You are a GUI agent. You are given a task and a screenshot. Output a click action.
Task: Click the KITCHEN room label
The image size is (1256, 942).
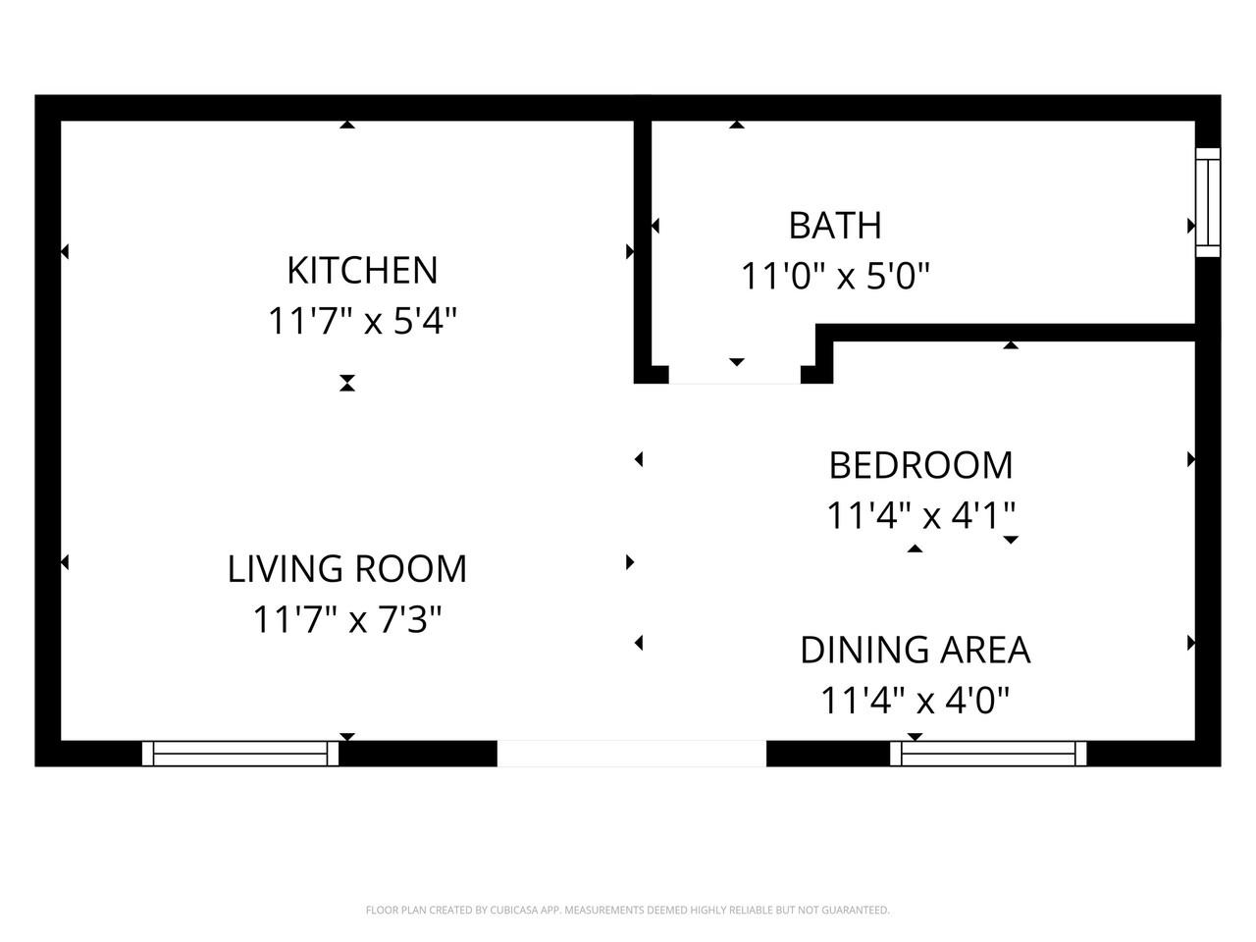click(x=361, y=270)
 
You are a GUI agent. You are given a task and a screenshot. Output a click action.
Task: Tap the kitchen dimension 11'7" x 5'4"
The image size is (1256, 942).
click(x=362, y=321)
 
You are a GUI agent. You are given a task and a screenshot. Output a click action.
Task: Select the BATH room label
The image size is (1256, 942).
click(x=835, y=226)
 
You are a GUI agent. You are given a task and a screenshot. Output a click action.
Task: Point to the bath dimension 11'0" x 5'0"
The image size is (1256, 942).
click(x=834, y=277)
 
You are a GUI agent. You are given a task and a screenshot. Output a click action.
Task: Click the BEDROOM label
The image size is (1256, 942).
click(x=920, y=465)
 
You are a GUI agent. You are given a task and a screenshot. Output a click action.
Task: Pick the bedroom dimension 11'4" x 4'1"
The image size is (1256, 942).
click(x=920, y=515)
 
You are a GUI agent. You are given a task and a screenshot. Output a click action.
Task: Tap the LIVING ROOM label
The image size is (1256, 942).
click(x=347, y=569)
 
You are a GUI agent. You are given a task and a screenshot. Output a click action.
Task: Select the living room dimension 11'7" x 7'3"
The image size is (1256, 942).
click(x=347, y=620)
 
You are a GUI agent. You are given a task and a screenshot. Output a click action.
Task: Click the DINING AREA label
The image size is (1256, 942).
click(x=915, y=650)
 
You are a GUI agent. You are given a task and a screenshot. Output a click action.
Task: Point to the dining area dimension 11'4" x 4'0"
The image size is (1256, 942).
click(x=915, y=701)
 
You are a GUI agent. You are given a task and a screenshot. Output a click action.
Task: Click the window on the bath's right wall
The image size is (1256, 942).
click(x=1207, y=203)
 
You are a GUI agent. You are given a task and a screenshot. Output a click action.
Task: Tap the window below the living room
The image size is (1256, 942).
click(x=240, y=754)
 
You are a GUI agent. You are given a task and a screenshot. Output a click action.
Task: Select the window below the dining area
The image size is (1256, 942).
click(x=988, y=754)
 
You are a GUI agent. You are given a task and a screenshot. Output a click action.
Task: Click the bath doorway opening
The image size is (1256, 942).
click(x=735, y=375)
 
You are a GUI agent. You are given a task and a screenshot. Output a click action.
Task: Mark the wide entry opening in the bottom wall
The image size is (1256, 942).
click(x=631, y=754)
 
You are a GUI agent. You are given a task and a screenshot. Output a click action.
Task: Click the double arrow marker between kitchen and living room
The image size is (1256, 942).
click(x=346, y=383)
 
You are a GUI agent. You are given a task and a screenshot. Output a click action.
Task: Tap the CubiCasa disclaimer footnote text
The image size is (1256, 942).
click(x=628, y=911)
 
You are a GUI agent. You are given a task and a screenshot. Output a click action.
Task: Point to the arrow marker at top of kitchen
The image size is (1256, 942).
click(x=346, y=125)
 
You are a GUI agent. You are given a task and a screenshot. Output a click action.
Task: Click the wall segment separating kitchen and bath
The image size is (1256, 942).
click(x=643, y=245)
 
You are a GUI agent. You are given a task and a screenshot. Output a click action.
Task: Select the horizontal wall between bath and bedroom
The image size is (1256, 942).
click(x=1011, y=334)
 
